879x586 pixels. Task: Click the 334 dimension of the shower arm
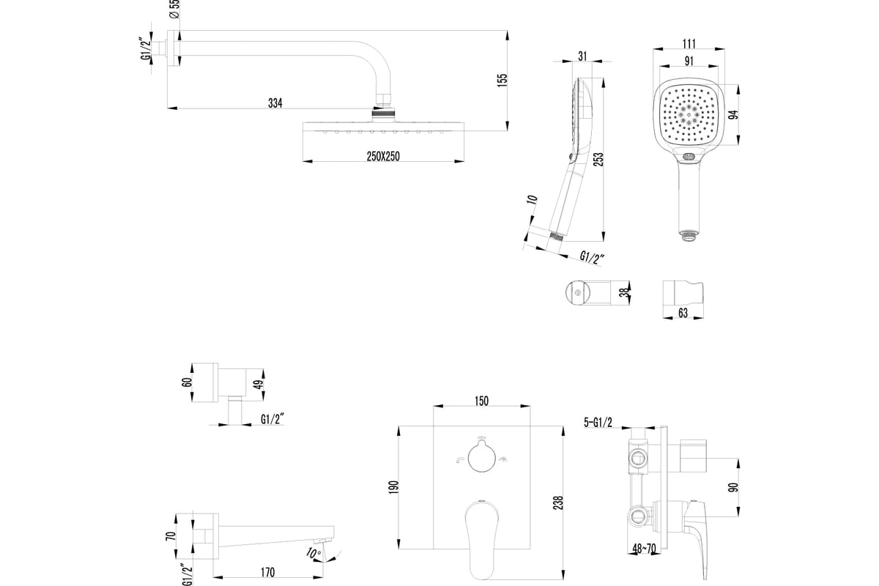[274, 103]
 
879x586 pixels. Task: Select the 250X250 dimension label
[384, 155]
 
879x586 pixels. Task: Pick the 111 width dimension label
[688, 44]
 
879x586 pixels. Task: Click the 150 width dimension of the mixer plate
[481, 401]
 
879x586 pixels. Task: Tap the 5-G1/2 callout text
[598, 421]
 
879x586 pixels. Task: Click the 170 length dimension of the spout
[267, 573]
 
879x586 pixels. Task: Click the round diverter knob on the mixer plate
[481, 458]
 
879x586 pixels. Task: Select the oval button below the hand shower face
[689, 157]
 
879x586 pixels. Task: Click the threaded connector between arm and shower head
[384, 112]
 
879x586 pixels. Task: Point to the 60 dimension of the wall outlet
[187, 382]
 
